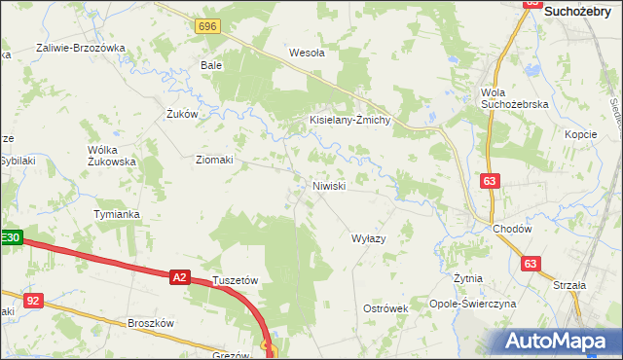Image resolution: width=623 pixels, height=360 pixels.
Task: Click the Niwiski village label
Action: point(329,185)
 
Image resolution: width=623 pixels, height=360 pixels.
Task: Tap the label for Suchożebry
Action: point(583,12)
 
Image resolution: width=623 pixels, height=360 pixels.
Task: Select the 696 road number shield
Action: point(206,26)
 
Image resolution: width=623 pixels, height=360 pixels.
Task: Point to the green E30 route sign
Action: point(10,236)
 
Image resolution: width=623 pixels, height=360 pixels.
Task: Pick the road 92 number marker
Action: point(33,301)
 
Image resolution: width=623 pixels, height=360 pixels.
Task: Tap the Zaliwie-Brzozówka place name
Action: point(82,48)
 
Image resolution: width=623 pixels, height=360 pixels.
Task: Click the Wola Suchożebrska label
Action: point(515,97)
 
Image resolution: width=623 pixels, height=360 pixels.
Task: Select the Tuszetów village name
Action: point(235,279)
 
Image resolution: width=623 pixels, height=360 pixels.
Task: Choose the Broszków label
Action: point(150,323)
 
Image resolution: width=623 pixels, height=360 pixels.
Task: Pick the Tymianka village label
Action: point(117,213)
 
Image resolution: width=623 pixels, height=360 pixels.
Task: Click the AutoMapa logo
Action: point(559,342)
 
